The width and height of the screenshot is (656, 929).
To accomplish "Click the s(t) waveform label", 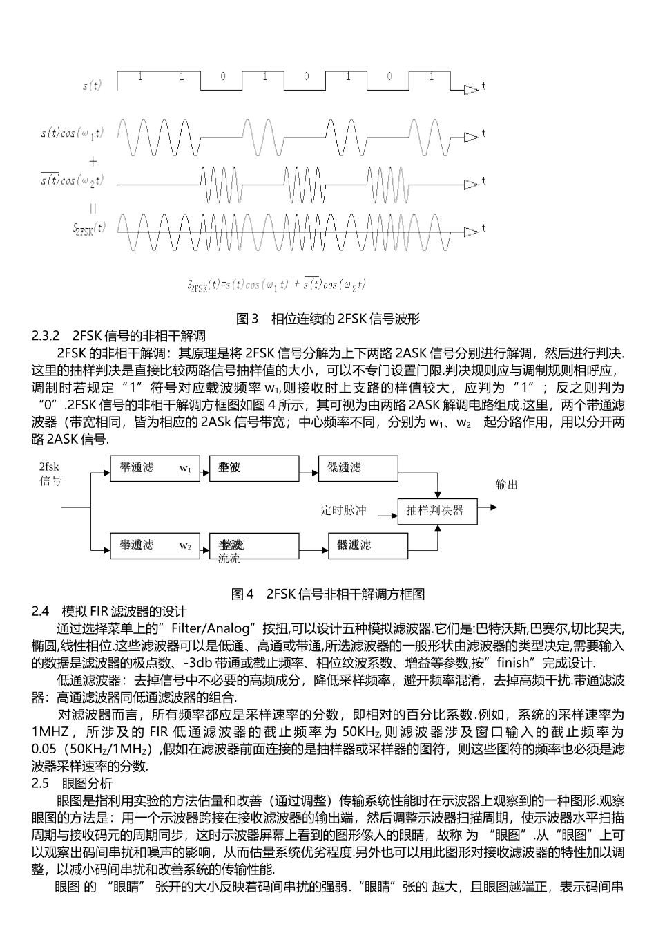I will point(92,86).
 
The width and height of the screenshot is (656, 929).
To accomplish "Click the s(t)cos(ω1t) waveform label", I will point(72,133).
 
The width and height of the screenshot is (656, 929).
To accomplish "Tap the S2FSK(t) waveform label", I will point(90,227).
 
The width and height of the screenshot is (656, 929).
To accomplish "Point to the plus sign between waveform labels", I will point(93,161).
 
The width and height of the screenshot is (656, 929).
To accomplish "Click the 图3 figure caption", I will point(327,319).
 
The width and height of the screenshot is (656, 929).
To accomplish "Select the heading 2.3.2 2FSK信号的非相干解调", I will point(119,337).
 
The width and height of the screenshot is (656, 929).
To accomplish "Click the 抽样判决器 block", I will point(435,511).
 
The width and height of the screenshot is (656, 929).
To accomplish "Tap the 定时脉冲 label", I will point(343,511).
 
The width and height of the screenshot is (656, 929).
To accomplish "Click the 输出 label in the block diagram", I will point(506,485).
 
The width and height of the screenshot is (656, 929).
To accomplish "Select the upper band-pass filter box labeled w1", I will point(155,468).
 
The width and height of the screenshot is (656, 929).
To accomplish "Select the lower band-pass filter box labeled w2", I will point(155,545).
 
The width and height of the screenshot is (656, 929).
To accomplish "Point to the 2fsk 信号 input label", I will point(50,473).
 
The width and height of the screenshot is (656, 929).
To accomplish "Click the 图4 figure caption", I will point(327,594).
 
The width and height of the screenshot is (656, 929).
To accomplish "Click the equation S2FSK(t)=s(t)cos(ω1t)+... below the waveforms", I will point(276,284).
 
